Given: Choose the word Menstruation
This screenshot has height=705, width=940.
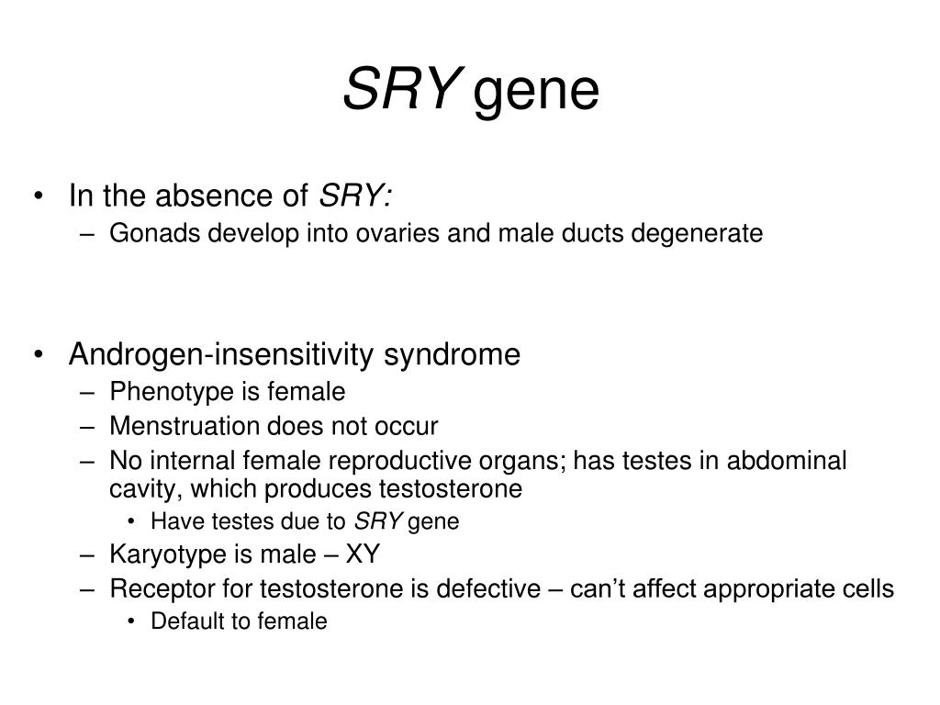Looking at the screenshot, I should (x=185, y=426).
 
